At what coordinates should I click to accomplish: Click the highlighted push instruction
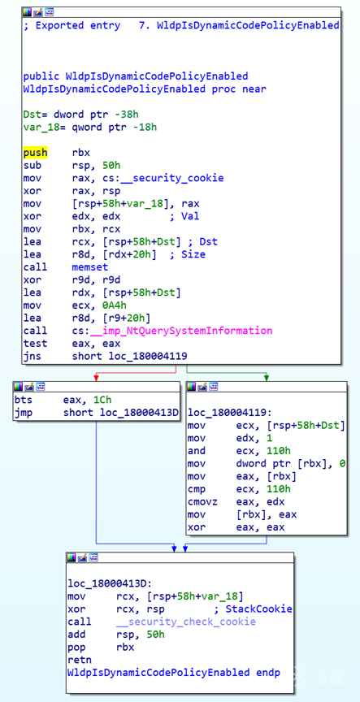click(x=36, y=153)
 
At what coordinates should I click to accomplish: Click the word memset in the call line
click(x=90, y=266)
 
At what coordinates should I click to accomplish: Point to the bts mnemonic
click(x=24, y=400)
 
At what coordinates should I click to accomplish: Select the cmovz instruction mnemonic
click(x=202, y=502)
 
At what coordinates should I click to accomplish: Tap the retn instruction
click(x=80, y=660)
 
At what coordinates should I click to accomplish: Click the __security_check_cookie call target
click(x=186, y=622)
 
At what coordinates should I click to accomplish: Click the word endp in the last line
click(x=268, y=673)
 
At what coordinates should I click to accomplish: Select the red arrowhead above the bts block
click(x=96, y=379)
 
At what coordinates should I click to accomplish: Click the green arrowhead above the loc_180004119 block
click(x=267, y=379)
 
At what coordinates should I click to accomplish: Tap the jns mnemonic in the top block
click(x=33, y=356)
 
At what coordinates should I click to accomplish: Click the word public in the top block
click(x=41, y=76)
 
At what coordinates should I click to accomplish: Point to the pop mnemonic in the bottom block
click(x=76, y=648)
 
